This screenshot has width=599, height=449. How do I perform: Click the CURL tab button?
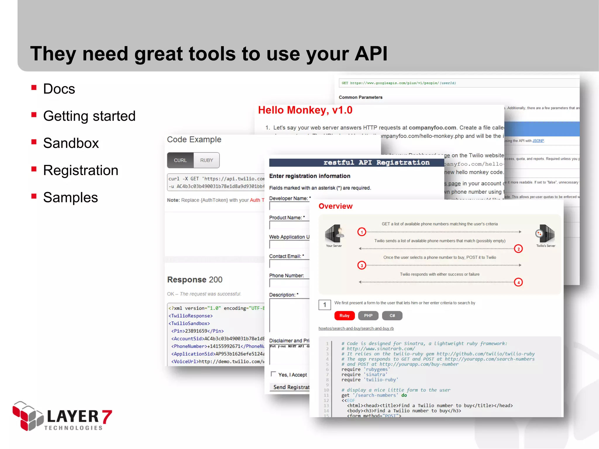[180, 160]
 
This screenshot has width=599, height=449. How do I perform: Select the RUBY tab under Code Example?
[206, 160]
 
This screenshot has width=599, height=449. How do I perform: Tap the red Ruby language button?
[344, 316]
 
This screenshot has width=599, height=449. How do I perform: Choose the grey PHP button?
[368, 316]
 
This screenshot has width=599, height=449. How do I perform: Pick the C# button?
[392, 316]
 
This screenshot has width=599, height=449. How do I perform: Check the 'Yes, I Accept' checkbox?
[273, 374]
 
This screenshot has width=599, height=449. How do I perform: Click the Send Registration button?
[291, 387]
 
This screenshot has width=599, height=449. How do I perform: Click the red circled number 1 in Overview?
[362, 232]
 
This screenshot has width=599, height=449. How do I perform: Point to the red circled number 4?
[518, 282]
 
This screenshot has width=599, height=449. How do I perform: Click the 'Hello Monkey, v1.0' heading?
[305, 110]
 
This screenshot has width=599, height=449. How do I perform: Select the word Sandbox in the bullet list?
[71, 143]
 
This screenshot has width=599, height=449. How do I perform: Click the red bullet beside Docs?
[34, 87]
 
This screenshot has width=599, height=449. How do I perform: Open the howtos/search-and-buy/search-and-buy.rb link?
[356, 329]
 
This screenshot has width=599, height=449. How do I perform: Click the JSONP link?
[538, 141]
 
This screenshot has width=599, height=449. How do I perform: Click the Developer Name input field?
[289, 206]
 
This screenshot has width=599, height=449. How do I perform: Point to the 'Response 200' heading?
[195, 280]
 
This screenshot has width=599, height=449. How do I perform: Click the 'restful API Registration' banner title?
[376, 163]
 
